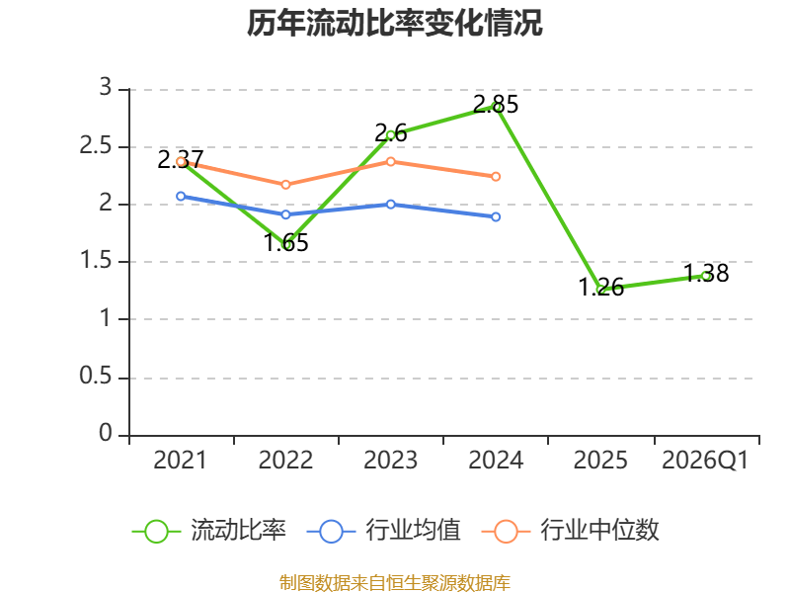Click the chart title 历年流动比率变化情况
pos(394,23)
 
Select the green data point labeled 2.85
pos(496,107)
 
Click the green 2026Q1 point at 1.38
pos(706,276)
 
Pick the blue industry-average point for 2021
pos(181,196)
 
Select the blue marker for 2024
pos(496,216)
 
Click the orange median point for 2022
pos(285,185)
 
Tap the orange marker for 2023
pos(391,161)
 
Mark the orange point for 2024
pos(496,177)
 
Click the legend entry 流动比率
pos(209,531)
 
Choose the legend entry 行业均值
pos(384,531)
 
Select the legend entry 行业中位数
pos(571,531)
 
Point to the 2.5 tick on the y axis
pos(96,146)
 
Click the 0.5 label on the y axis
pos(96,377)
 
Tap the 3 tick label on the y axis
pos(106,87)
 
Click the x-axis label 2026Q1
pos(705,461)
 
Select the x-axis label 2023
pos(391,461)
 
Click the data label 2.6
pos(391,133)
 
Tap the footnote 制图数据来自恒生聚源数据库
pos(395,583)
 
